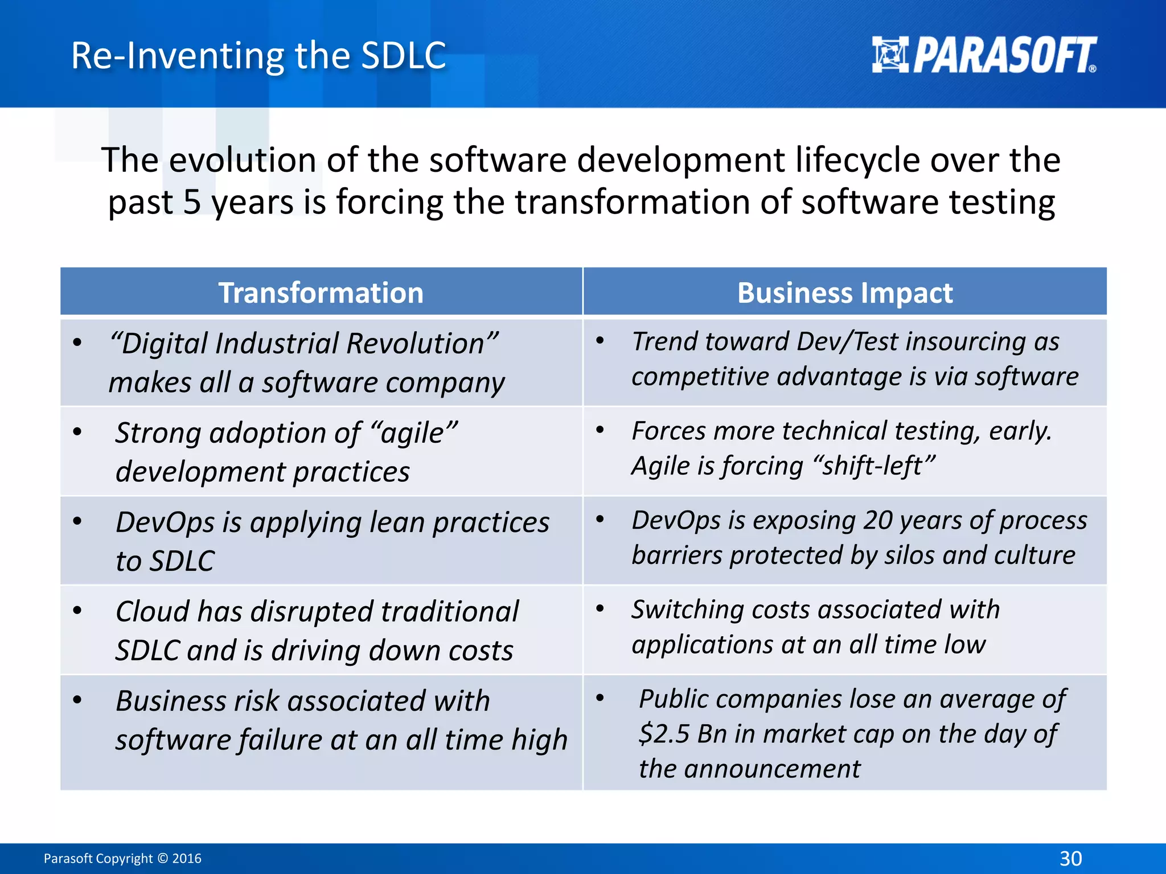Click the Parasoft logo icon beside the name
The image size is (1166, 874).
click(x=890, y=55)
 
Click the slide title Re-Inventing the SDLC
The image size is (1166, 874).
click(x=258, y=56)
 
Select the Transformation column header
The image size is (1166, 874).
click(x=321, y=293)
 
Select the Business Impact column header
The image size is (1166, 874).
click(x=844, y=293)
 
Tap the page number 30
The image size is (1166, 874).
click(x=1070, y=858)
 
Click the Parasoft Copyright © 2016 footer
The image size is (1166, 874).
click(x=122, y=858)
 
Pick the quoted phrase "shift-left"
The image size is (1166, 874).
click(x=874, y=465)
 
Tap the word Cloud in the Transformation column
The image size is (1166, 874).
click(x=152, y=612)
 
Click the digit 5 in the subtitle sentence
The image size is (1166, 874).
click(x=192, y=203)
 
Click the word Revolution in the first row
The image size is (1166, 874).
click(x=416, y=344)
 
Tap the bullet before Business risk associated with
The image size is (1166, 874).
click(x=77, y=700)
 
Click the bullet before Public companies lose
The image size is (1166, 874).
click(x=600, y=697)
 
